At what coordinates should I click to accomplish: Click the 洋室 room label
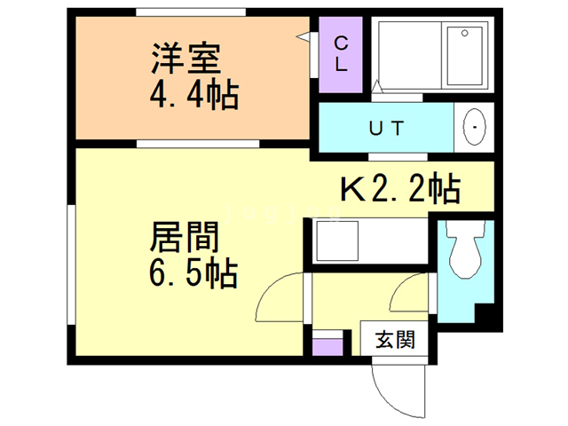(186, 58)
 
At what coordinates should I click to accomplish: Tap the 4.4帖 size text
(194, 95)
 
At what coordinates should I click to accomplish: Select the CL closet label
(341, 54)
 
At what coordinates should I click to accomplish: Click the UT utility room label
(386, 128)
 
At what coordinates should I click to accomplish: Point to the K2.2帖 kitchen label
(400, 188)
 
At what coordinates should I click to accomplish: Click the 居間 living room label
(185, 237)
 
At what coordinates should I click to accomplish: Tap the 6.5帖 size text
(193, 272)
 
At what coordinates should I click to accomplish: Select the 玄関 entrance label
(395, 340)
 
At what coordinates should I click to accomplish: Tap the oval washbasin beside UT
(475, 127)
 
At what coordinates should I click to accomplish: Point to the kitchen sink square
(337, 241)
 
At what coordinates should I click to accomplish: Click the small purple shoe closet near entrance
(327, 347)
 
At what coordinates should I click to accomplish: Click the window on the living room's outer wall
(71, 264)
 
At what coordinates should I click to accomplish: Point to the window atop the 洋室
(191, 12)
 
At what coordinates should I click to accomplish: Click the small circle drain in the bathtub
(465, 34)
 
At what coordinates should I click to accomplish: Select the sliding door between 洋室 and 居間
(198, 144)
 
